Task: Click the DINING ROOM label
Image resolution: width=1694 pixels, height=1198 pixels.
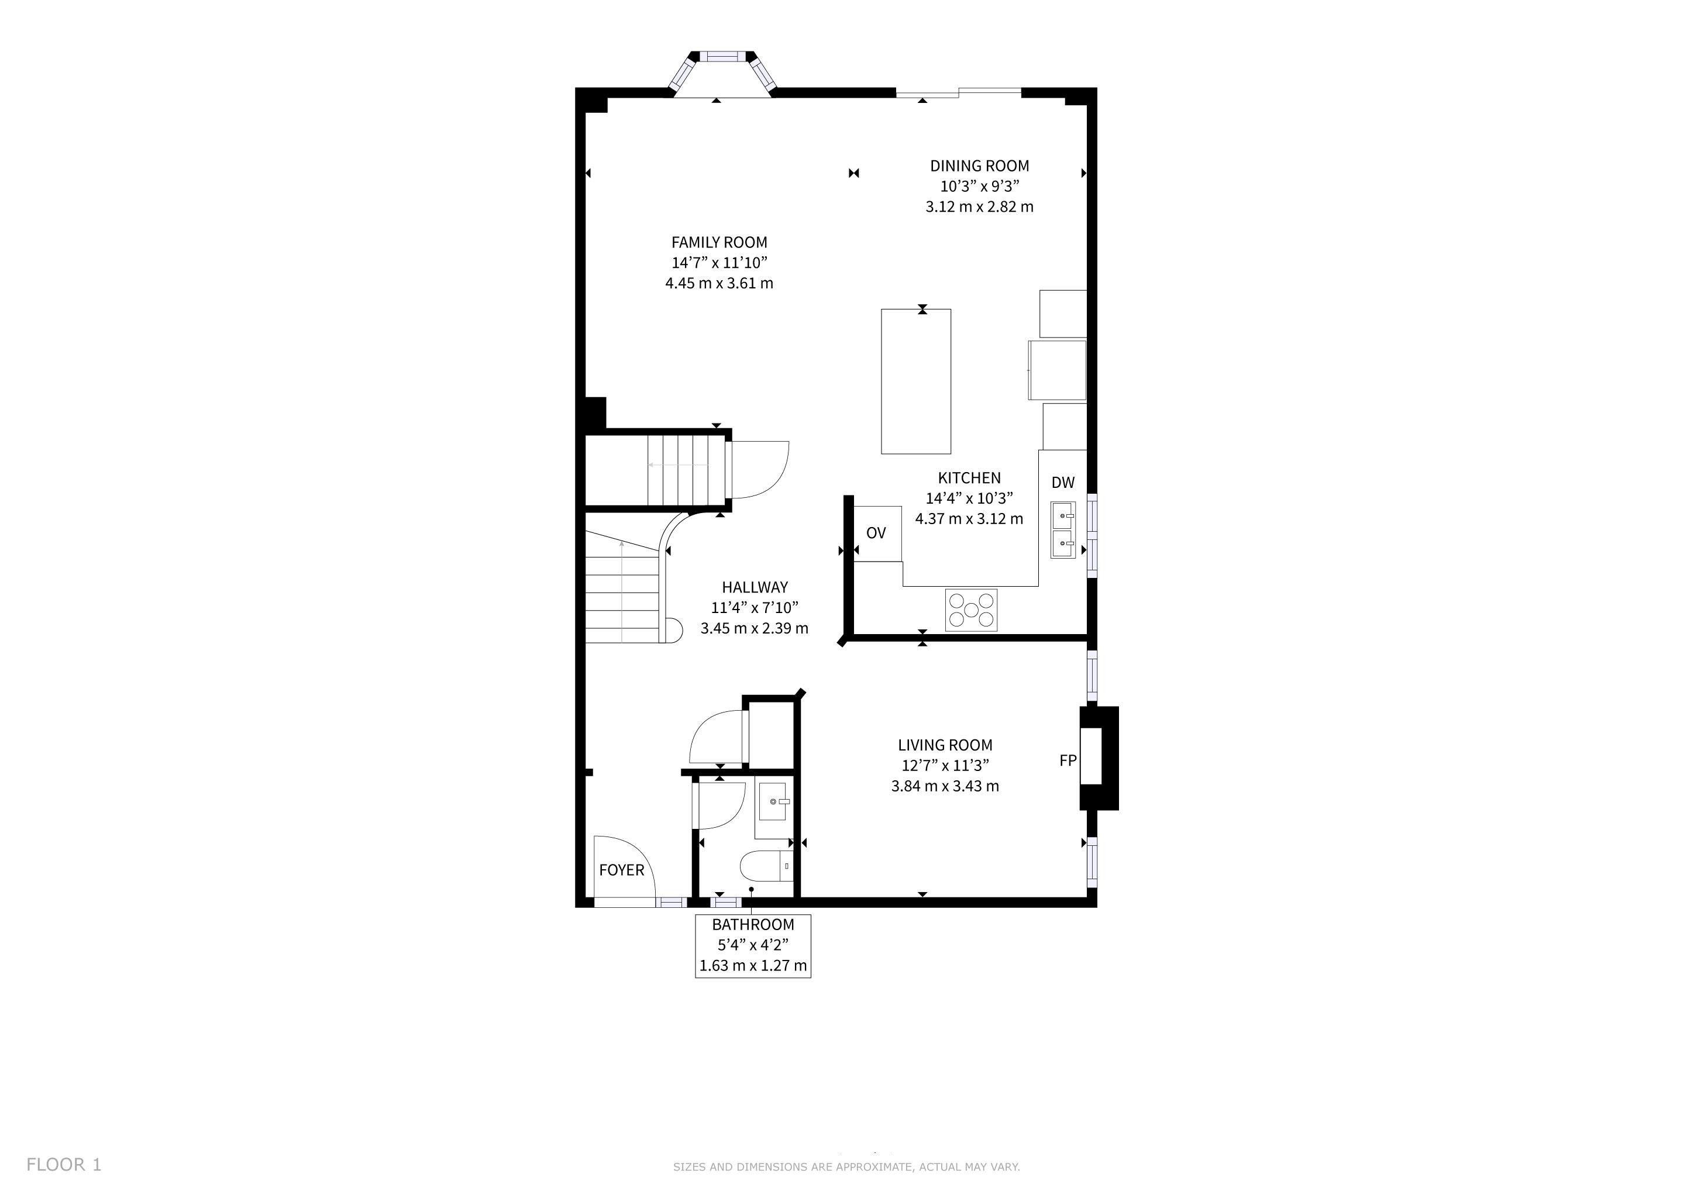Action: tap(979, 166)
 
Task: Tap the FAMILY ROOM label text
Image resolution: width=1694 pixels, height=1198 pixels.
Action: tap(719, 243)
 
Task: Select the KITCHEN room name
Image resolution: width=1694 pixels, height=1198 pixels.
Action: tap(969, 478)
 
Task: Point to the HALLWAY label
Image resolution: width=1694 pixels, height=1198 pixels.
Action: tap(754, 588)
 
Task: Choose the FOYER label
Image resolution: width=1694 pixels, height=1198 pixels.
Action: tap(621, 870)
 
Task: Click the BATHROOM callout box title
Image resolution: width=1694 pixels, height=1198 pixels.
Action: tap(753, 925)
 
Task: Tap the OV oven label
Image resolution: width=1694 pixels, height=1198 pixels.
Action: tap(876, 533)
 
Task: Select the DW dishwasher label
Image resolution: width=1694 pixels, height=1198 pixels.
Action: tap(1062, 483)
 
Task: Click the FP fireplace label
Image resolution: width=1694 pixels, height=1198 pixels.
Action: tap(1068, 760)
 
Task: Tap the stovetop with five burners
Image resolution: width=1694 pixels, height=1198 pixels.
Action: tap(971, 610)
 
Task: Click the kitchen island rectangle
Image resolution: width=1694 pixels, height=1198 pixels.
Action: tap(917, 381)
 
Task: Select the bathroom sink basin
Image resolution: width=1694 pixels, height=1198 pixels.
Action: tap(774, 802)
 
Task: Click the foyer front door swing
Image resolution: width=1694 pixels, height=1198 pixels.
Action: tap(624, 871)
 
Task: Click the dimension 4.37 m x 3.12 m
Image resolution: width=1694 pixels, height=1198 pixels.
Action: tap(969, 519)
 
